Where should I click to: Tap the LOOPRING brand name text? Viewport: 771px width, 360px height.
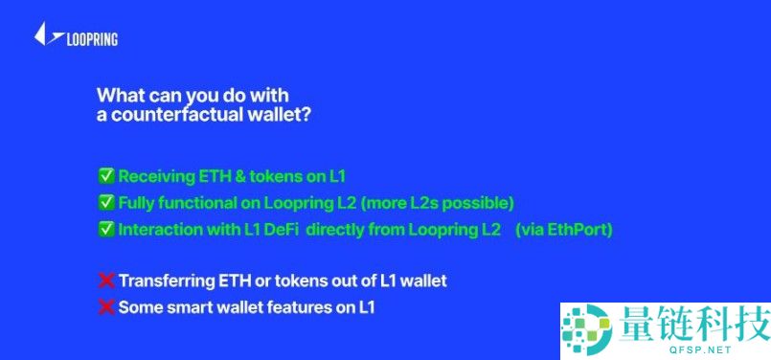[92, 39]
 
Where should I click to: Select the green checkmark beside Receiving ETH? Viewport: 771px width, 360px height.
[106, 175]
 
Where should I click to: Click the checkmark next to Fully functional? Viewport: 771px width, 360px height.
[106, 202]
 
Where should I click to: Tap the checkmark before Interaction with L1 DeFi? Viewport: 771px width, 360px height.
[106, 230]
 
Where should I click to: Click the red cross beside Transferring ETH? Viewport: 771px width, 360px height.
[106, 281]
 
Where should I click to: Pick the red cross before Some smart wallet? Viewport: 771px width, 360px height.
[106, 307]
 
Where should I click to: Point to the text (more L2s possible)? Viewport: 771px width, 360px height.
[449, 202]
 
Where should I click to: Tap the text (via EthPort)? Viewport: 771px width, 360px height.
[569, 230]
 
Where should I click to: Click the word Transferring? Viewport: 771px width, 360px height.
[164, 281]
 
